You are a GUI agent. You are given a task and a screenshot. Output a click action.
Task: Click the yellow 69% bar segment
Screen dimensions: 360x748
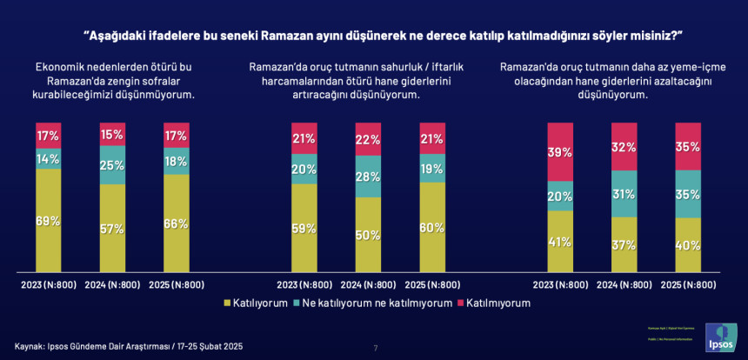48,221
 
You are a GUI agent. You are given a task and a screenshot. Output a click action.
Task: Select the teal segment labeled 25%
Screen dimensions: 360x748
111,165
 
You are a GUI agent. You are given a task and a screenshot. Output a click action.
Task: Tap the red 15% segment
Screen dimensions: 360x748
111,135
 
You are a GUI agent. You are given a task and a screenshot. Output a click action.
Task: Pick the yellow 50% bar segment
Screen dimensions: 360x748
368,235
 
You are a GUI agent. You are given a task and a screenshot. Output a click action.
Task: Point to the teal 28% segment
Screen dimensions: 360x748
368,177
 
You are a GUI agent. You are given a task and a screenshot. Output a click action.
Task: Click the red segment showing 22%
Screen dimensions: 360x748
368,139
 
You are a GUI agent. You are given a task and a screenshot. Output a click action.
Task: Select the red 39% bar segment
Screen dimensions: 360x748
560,152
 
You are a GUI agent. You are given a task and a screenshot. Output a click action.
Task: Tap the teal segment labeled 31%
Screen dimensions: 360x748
624,193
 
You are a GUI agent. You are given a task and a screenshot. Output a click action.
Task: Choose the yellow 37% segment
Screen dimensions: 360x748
624,244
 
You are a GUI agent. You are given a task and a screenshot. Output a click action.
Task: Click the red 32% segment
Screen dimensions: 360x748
624,147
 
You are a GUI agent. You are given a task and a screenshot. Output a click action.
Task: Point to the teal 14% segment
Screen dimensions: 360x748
48,158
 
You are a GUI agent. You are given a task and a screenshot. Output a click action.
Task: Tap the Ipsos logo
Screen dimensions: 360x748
720,337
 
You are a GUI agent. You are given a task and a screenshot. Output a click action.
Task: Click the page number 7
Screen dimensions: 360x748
375,348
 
